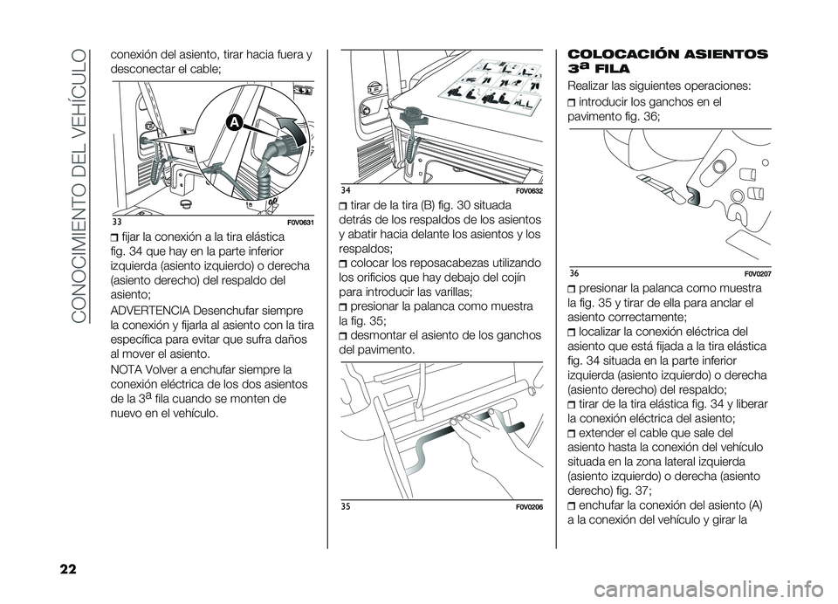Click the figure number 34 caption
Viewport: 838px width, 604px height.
coord(347,189)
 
